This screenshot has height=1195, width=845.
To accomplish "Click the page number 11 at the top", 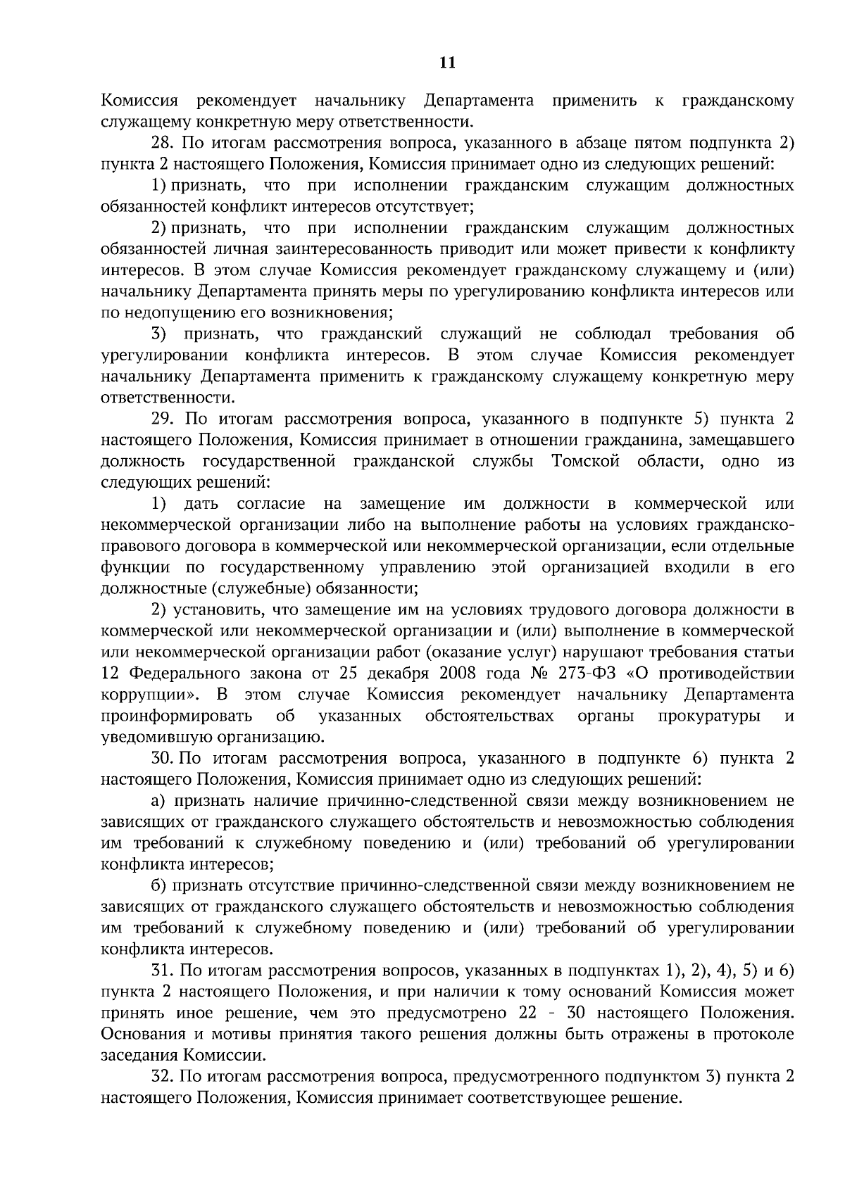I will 447,63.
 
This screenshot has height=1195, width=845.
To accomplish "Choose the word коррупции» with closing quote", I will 149,695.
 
